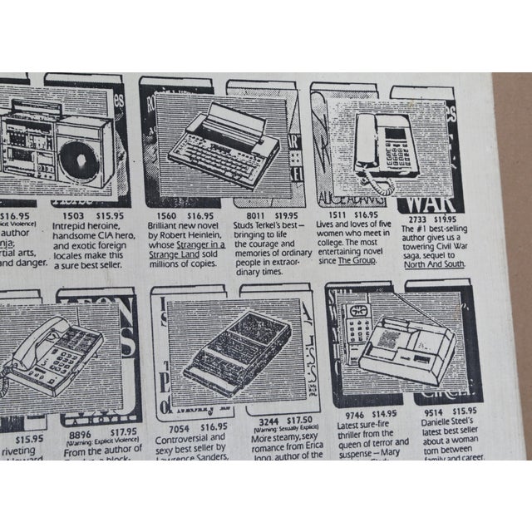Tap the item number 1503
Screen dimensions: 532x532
[66, 214]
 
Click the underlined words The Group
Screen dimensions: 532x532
[357, 260]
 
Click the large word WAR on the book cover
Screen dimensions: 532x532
[432, 199]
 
